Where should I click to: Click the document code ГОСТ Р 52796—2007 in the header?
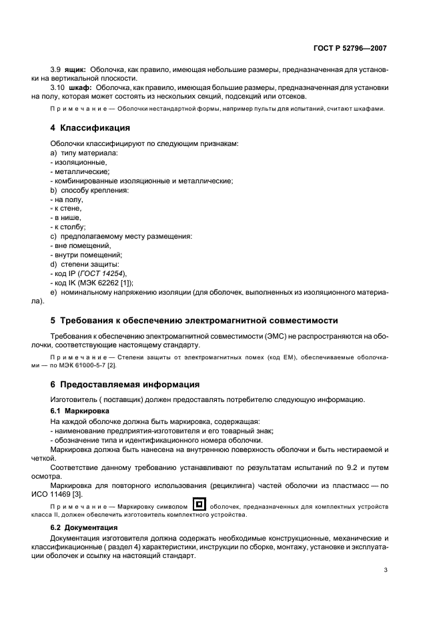click(x=350, y=48)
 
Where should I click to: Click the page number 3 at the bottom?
click(x=386, y=570)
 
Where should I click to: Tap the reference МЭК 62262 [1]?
click(x=107, y=283)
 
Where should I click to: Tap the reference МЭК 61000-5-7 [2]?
click(x=94, y=365)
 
